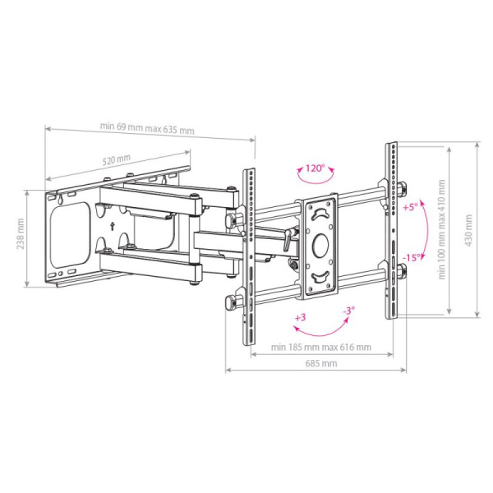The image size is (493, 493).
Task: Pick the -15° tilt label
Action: point(412,256)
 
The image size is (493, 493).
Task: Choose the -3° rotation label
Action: point(348,311)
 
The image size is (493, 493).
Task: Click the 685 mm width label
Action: point(316,362)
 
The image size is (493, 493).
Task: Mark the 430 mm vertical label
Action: point(468,229)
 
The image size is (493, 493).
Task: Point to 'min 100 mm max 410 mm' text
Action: point(441,230)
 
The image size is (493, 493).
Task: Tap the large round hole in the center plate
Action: point(320,244)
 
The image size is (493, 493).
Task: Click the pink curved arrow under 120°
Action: point(313,182)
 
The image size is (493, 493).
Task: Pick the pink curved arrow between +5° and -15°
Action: point(426,232)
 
